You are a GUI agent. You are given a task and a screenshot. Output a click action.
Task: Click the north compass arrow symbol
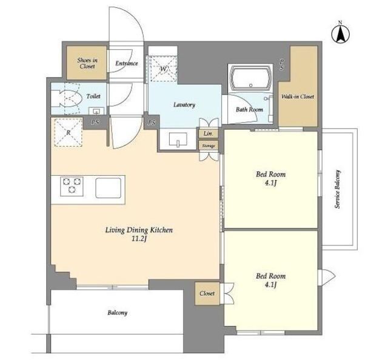[x=340, y=34]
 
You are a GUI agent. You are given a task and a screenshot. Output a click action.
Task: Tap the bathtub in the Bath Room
[x=250, y=78]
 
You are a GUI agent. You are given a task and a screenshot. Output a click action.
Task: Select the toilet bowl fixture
[x=67, y=98]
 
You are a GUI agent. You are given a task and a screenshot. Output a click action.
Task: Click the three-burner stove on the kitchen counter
[x=72, y=186]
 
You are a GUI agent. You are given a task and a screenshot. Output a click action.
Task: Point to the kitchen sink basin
[x=109, y=188]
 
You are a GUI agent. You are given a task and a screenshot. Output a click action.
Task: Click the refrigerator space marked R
[x=69, y=132]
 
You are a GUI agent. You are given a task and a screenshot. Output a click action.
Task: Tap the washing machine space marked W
[x=163, y=68]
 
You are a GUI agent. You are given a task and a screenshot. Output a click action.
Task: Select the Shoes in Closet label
[x=87, y=63]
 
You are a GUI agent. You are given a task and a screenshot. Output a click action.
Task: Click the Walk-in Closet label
[x=298, y=96]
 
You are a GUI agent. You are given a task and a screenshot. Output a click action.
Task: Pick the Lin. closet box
[x=209, y=133]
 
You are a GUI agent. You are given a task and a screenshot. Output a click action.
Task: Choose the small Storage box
[x=209, y=145]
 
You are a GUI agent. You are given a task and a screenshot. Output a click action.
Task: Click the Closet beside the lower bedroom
[x=207, y=293]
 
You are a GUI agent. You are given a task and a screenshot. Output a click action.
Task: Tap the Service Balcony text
[x=338, y=189]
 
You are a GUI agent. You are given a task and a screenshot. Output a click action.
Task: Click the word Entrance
[x=127, y=64]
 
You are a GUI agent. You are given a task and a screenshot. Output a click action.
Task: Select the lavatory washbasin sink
[x=178, y=140]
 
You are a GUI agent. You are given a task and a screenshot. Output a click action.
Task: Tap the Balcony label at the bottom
[x=117, y=313]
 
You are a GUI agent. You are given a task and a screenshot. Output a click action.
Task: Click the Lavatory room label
[x=184, y=105]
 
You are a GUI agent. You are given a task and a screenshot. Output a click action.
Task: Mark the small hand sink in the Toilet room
[x=96, y=111]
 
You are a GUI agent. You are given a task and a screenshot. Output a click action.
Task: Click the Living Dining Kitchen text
[x=139, y=230]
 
